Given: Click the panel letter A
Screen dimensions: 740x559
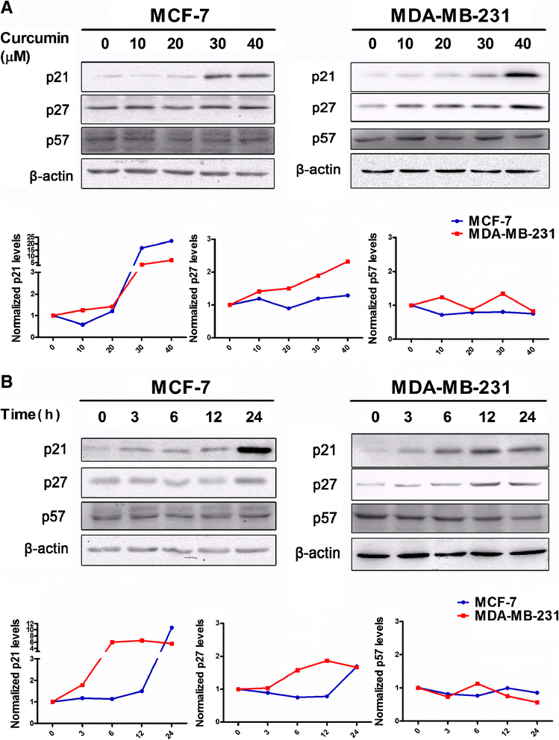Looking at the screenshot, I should (x=8, y=9).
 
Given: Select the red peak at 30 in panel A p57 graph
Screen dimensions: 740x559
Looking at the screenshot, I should (x=503, y=293).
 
